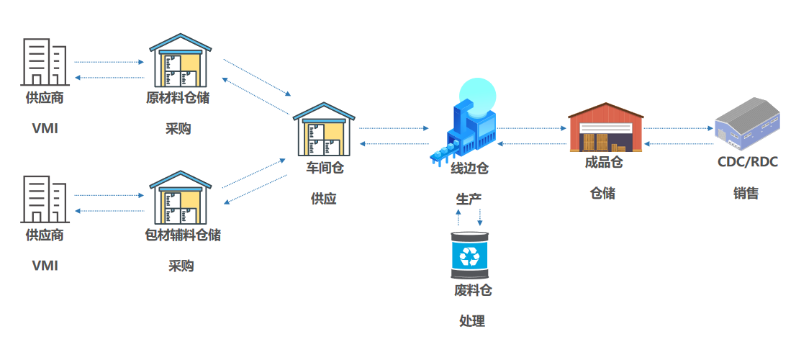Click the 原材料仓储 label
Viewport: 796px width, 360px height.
178,98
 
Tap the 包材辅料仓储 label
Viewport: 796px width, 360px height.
183,235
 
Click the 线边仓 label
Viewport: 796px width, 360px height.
469,169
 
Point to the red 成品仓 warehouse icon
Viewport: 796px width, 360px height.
605,127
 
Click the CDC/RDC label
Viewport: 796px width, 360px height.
747,162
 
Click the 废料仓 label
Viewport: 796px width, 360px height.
472,291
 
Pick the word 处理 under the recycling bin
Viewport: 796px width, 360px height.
472,321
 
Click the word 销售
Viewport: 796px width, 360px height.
746,193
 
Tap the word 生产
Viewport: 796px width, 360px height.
469,199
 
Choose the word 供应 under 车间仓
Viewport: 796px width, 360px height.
324,199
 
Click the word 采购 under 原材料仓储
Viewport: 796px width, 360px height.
178,129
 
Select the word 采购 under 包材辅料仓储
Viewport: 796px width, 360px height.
181,266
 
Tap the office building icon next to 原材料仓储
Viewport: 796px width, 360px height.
45,60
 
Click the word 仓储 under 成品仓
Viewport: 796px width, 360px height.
603,193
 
